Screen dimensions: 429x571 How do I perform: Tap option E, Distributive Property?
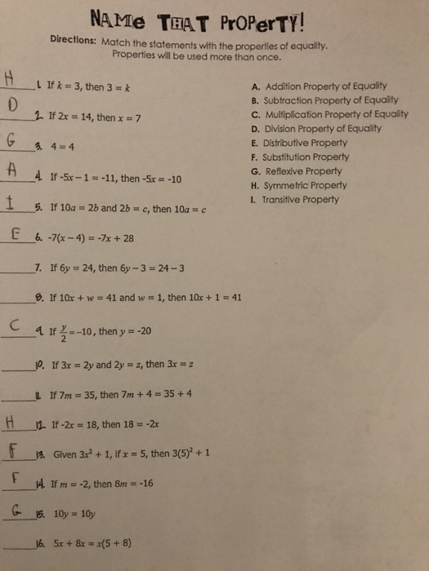pyautogui.click(x=303, y=143)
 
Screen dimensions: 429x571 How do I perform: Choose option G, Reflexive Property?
pyautogui.click(x=299, y=171)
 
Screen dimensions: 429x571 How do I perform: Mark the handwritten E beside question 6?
pyautogui.click(x=16, y=237)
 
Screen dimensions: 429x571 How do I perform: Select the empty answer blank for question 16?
pyautogui.click(x=18, y=546)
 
